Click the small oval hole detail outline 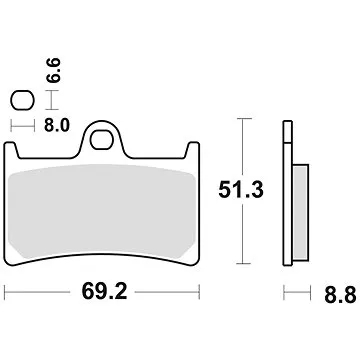pyautogui.click(x=21, y=100)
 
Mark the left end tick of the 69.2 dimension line pyautogui.click(x=6, y=297)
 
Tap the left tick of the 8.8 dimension pyautogui.click(x=284, y=297)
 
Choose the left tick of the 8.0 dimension pyautogui.click(x=11, y=126)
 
